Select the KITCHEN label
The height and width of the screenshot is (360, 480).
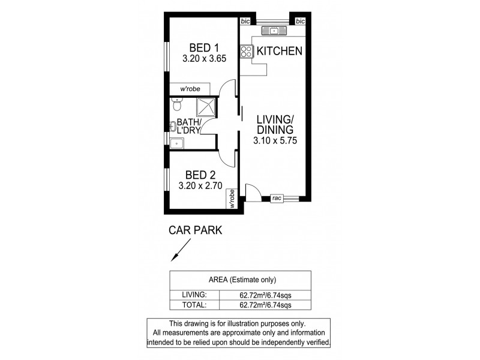click(x=279, y=52)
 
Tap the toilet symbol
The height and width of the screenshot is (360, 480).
click(x=175, y=106)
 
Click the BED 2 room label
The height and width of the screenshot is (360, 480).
click(x=200, y=175)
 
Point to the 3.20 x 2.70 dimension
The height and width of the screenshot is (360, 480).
click(x=200, y=187)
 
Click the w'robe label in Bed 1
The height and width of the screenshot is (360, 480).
click(x=190, y=89)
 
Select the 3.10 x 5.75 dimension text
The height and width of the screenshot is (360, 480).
click(x=275, y=142)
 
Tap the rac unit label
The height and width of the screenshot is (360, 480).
click(x=277, y=197)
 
